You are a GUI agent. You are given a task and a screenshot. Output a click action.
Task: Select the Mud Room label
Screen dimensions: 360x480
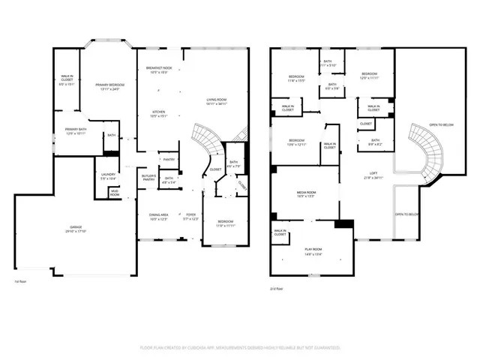click(115, 193)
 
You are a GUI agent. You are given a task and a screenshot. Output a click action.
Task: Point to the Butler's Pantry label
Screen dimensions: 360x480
click(148, 177)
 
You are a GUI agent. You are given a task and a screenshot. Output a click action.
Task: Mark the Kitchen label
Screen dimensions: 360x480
click(158, 113)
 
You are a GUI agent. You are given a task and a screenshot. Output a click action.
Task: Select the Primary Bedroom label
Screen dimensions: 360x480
click(110, 85)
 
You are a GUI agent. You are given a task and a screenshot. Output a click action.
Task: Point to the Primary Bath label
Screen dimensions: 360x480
click(73, 130)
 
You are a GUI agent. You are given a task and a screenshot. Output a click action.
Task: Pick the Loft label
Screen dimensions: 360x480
click(373, 175)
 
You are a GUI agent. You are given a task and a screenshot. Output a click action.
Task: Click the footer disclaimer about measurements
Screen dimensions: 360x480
click(240, 348)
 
